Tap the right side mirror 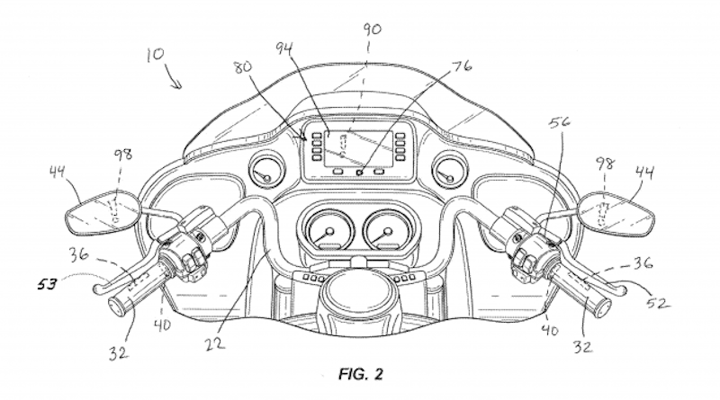pyautogui.click(x=621, y=210)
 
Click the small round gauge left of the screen pyautogui.click(x=265, y=169)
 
